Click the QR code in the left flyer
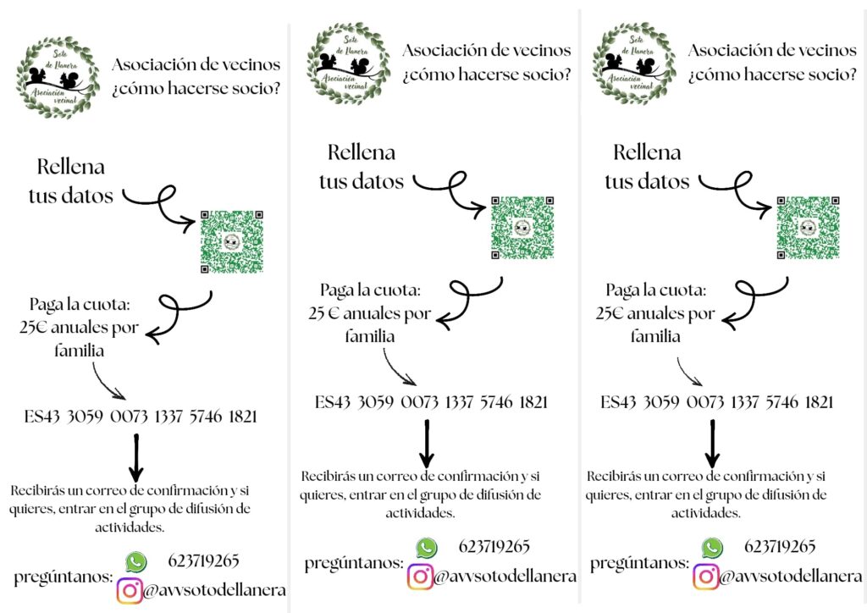[x=231, y=240]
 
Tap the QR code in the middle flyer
[x=522, y=227]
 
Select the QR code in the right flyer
[x=809, y=227]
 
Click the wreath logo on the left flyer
[x=58, y=76]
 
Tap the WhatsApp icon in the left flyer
[x=135, y=561]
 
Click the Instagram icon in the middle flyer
[x=420, y=577]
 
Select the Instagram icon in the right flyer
[x=705, y=577]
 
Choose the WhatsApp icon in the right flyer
[x=713, y=547]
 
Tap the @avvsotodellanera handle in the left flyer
[x=213, y=590]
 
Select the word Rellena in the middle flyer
[x=362, y=153]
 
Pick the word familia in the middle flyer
[x=370, y=336]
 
